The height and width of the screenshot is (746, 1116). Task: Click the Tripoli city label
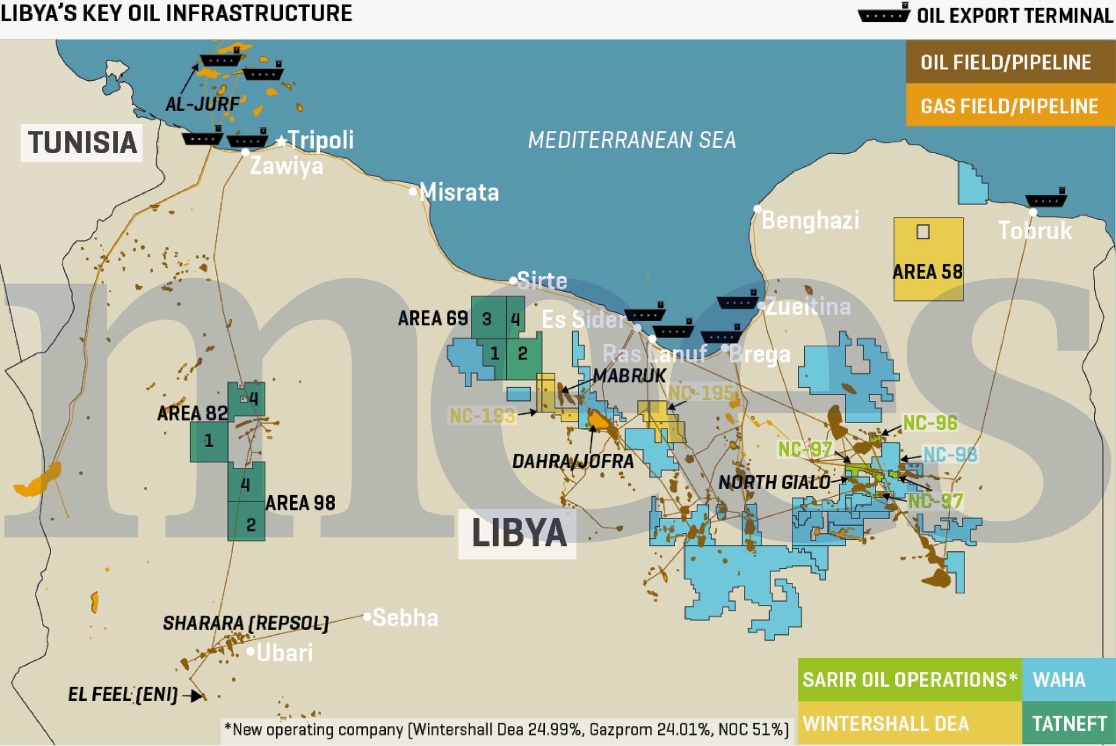click(321, 140)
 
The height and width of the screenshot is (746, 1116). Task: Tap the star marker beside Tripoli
click(281, 142)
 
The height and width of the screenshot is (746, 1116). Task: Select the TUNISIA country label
click(82, 143)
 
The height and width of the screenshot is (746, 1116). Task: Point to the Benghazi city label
click(810, 220)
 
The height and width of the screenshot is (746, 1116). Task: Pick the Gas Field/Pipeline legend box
click(1009, 105)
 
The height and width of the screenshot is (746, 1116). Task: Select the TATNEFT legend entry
click(1069, 723)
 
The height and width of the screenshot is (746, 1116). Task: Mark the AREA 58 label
click(927, 272)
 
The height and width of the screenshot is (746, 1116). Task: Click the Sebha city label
click(405, 618)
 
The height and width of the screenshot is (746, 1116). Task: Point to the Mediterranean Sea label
click(632, 140)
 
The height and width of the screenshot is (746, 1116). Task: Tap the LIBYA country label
click(518, 533)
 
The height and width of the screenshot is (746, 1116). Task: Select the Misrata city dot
click(413, 191)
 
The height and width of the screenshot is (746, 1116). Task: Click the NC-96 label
click(930, 423)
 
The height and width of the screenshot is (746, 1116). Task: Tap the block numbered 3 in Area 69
click(487, 319)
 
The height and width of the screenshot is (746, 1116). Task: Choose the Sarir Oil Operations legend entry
click(909, 679)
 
